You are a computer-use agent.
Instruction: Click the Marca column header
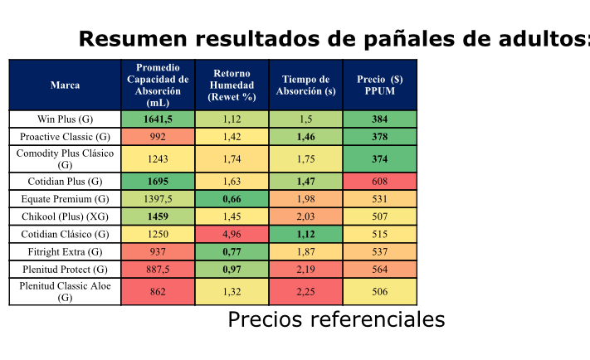[65, 85]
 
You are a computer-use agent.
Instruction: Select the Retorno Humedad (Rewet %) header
[232, 85]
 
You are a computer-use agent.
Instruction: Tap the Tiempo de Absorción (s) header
[305, 85]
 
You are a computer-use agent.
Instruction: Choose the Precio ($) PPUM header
[379, 85]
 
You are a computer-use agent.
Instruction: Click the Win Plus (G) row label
[65, 119]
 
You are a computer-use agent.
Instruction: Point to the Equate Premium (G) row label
[65, 199]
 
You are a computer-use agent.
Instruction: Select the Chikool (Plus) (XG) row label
[65, 216]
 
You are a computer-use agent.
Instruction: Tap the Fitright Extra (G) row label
[65, 251]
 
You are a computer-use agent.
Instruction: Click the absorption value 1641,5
[158, 119]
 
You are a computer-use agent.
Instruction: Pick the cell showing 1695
[158, 181]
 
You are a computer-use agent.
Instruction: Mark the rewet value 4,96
[232, 234]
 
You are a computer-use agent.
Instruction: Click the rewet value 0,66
[232, 199]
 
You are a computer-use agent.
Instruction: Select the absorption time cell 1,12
[305, 234]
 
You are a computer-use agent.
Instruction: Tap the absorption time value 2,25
[305, 291]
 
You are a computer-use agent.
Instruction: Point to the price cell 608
[379, 181]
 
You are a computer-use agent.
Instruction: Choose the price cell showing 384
[379, 119]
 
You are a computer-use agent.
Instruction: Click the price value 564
[379, 269]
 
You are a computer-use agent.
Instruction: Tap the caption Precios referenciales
[336, 320]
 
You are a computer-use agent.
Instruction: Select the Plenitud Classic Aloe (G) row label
[65, 291]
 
